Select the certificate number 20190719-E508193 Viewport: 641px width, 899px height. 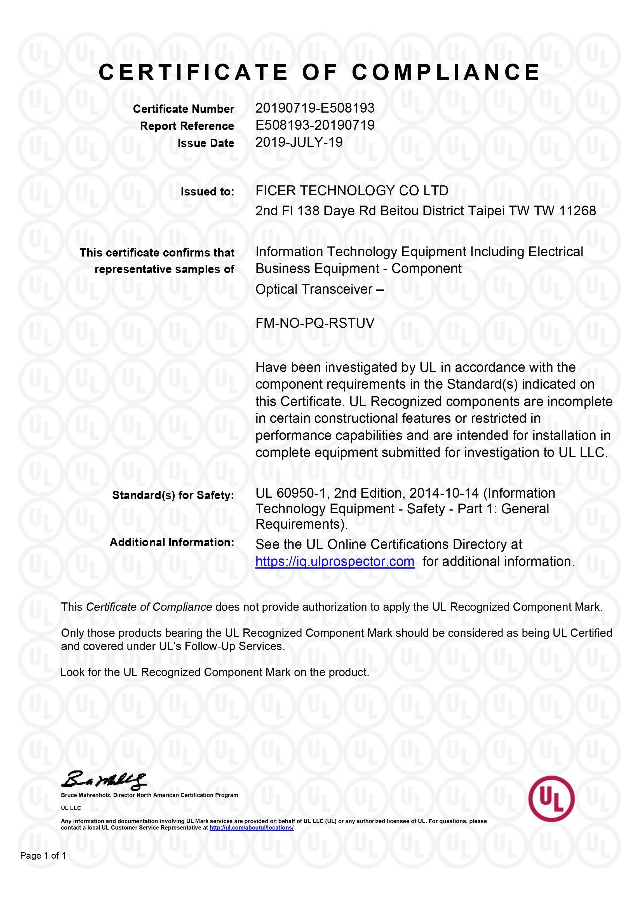pos(314,108)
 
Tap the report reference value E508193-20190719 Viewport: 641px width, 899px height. pos(314,125)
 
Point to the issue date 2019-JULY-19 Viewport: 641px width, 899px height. pos(299,142)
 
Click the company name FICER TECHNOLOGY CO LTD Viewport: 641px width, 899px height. pos(352,191)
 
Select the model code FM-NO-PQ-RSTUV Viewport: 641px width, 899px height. pos(314,323)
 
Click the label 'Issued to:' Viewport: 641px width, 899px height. pos(207,192)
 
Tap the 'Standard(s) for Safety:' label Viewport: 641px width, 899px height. pos(173,495)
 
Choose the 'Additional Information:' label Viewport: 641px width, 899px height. pos(172,542)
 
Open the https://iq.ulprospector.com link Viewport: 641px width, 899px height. pos(335,562)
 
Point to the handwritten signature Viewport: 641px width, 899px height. pos(104,779)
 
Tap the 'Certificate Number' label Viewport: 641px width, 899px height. pos(183,109)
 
